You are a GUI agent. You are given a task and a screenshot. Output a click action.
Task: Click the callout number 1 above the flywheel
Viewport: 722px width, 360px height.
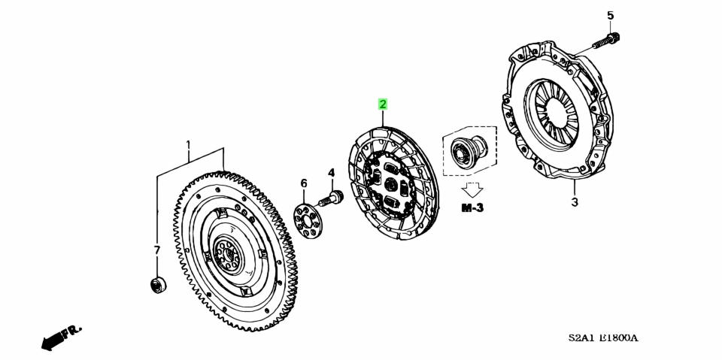click(x=188, y=146)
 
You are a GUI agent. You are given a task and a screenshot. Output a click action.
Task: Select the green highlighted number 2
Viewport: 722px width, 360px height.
click(x=383, y=104)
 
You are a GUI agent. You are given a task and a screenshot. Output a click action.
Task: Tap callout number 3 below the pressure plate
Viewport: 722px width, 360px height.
click(x=575, y=201)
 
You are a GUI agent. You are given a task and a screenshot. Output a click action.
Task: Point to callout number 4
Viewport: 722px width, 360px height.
click(x=332, y=173)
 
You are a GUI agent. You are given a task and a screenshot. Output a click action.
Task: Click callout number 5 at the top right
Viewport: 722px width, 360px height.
click(x=610, y=16)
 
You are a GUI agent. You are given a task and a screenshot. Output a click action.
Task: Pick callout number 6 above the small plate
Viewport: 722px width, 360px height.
click(x=303, y=183)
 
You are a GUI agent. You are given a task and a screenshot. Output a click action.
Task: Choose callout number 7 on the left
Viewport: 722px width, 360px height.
click(x=156, y=250)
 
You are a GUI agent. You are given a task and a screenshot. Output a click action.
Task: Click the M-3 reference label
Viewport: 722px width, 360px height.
click(x=472, y=208)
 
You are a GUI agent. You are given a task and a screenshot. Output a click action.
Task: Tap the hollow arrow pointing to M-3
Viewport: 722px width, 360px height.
click(x=472, y=189)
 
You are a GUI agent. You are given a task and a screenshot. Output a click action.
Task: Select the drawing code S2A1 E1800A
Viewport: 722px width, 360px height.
click(x=602, y=338)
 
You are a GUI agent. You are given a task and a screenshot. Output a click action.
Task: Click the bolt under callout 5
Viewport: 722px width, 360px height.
click(x=605, y=41)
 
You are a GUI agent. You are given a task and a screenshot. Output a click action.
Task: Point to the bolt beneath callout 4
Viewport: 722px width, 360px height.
click(x=331, y=199)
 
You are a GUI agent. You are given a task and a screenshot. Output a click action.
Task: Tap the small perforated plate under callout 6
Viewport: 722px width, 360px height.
click(x=308, y=217)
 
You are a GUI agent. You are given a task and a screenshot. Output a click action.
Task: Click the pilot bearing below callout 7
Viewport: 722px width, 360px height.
click(x=159, y=285)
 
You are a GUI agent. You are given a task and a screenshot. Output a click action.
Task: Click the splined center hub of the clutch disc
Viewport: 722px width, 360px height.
click(x=391, y=184)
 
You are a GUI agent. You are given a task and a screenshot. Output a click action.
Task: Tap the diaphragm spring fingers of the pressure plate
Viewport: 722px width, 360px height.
click(x=554, y=115)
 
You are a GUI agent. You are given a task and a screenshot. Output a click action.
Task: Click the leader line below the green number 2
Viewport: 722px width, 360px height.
click(x=383, y=119)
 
